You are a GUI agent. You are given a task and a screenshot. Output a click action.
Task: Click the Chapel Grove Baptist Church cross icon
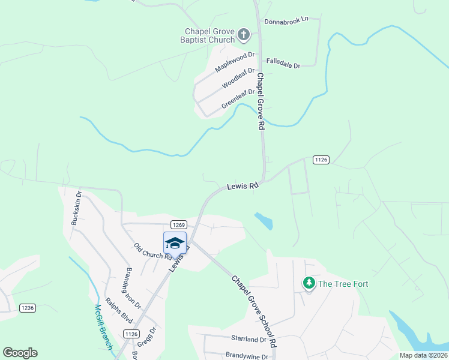pyautogui.click(x=244, y=34)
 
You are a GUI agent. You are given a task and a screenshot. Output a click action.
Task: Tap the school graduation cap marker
pyautogui.click(x=175, y=243)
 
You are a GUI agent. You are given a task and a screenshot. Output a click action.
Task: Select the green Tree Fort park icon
pyautogui.click(x=309, y=283)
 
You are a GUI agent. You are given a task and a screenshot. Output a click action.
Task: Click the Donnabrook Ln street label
pyautogui.click(x=286, y=20)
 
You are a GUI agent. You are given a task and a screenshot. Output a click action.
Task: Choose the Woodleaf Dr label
pyautogui.click(x=238, y=78)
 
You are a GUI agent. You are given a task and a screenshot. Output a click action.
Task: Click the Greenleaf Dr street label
pyautogui.click(x=238, y=98)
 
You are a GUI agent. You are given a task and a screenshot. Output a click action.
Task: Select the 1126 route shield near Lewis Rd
pyautogui.click(x=321, y=159)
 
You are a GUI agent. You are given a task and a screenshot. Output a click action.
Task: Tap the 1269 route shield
pyautogui.click(x=177, y=224)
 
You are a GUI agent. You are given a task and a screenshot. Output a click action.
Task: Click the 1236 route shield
pyautogui.click(x=28, y=308)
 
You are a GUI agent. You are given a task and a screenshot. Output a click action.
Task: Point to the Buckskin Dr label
pyautogui.click(x=76, y=208)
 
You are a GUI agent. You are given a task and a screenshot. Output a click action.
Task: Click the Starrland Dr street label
pyautogui.click(x=249, y=339)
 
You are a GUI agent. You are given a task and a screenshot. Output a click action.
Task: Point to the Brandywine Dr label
pyautogui.click(x=246, y=355)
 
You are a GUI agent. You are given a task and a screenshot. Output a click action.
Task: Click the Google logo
pyautogui.click(x=20, y=353)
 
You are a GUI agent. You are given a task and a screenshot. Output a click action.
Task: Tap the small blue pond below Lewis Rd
pyautogui.click(x=264, y=221)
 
